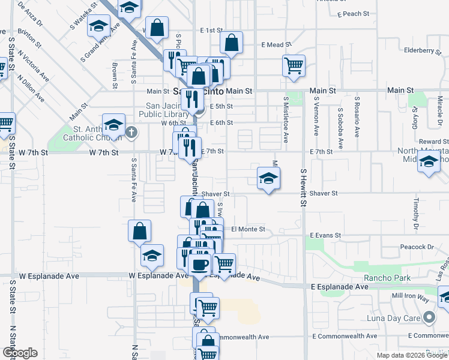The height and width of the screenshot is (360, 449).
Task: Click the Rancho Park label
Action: (387, 278)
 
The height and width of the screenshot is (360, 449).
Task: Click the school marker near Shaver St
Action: (268, 178)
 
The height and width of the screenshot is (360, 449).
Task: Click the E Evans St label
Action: (325, 236)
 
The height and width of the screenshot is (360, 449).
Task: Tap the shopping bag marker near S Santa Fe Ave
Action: (139, 231)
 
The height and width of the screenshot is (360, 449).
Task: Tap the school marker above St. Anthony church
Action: (113, 124)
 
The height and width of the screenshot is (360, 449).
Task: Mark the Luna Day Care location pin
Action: (429, 317)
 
